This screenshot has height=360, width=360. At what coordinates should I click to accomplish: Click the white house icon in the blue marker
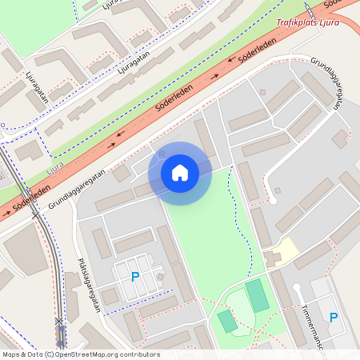(180, 172)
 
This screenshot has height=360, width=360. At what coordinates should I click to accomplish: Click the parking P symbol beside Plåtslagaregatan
(135, 277)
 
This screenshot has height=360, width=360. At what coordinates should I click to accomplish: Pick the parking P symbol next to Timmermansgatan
(334, 318)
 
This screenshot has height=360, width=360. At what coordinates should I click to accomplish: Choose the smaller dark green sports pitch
(227, 321)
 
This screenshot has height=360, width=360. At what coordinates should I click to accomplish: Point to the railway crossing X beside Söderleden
(59, 321)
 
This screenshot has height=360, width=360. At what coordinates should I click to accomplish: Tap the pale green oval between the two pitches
(240, 307)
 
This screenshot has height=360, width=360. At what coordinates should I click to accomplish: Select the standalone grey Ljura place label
(55, 168)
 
